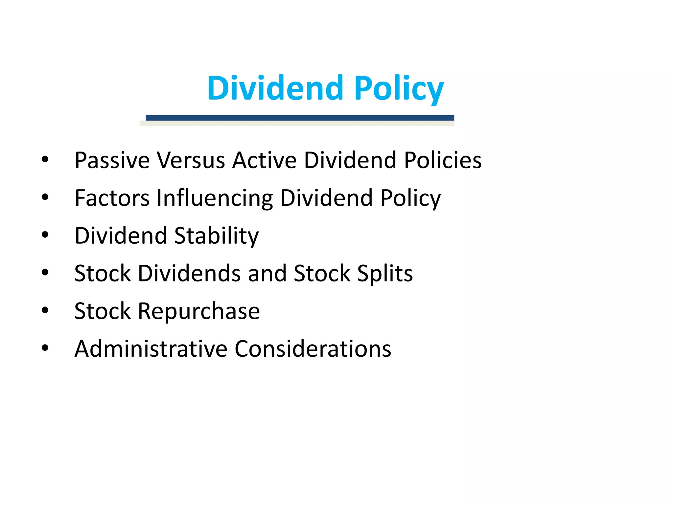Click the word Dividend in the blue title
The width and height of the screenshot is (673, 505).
point(275,88)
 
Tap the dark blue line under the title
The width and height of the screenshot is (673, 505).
point(300,118)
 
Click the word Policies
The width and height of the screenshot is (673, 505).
point(443,160)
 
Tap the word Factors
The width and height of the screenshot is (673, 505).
point(112,198)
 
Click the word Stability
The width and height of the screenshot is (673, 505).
point(216,236)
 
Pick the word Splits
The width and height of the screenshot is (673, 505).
point(384,274)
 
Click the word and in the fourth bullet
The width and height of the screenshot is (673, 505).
point(267,274)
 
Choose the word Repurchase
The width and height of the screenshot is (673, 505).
point(199,312)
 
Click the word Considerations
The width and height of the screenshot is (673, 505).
point(313,349)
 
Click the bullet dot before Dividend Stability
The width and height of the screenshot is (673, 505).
point(45,235)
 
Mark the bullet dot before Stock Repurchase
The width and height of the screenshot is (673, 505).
point(45,310)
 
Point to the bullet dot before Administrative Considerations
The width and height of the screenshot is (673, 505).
point(45,348)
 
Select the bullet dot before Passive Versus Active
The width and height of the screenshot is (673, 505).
point(45,159)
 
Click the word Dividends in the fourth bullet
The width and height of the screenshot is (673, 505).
point(189,274)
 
